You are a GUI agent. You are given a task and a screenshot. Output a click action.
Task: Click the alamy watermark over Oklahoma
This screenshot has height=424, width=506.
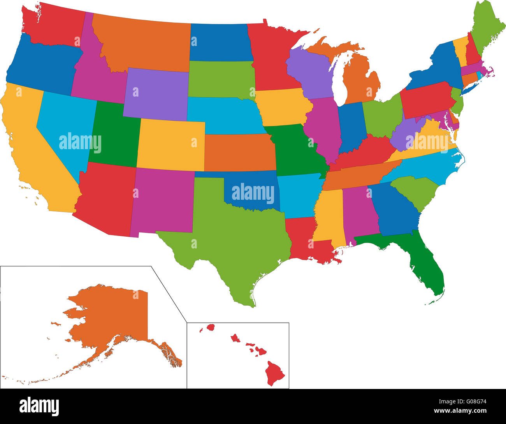pos(253,193)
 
